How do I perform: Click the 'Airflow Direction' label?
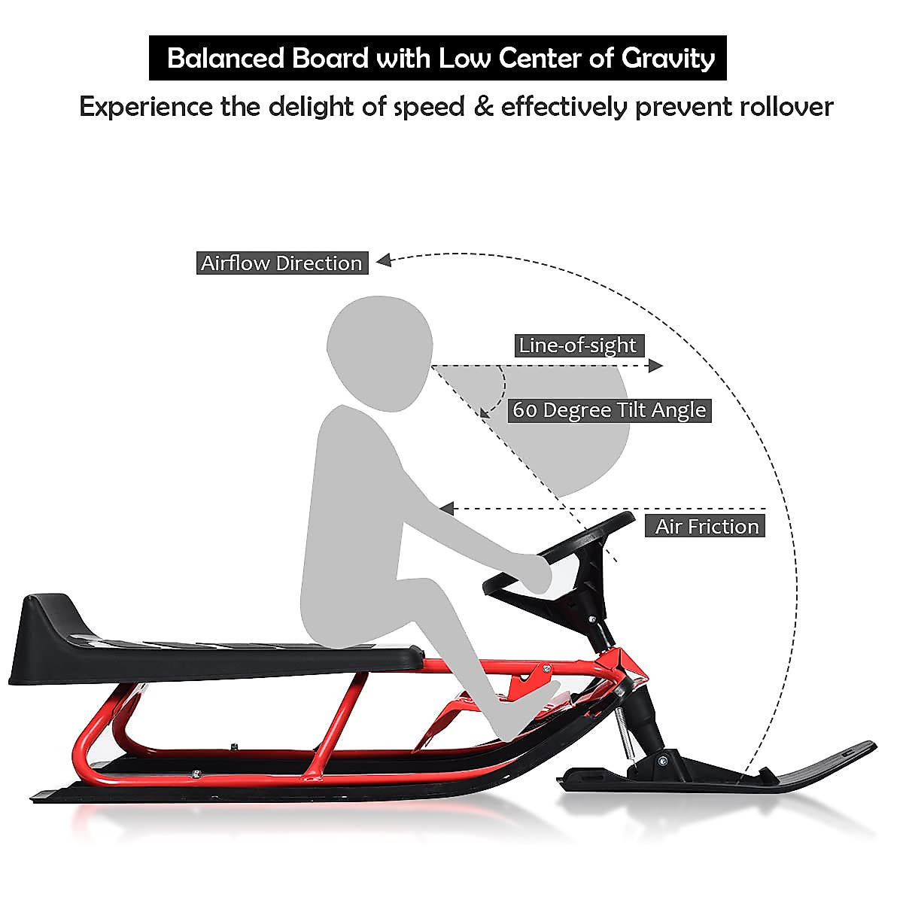[282, 263]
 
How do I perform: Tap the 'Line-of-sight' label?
[578, 345]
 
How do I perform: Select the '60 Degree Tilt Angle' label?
[610, 410]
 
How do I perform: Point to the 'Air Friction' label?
[707, 526]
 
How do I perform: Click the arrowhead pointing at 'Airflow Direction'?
[384, 260]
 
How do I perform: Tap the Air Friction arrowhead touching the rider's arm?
[447, 509]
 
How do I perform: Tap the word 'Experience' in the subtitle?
[146, 107]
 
